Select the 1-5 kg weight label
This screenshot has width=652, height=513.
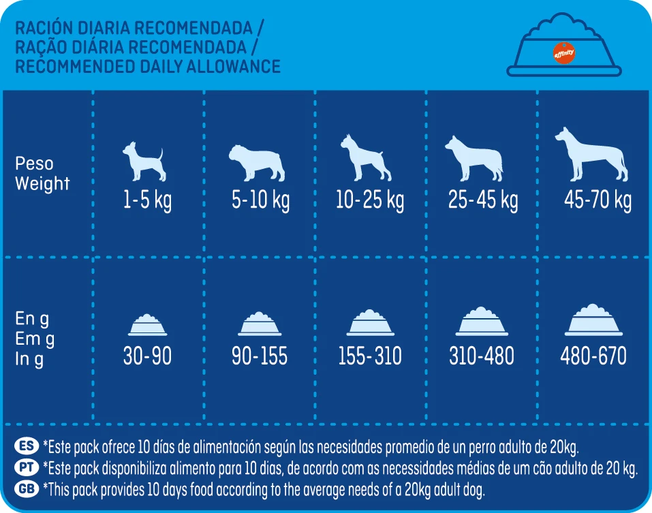point(148,201)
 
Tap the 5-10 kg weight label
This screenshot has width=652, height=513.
point(260,201)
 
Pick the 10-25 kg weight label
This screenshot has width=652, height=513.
point(370,201)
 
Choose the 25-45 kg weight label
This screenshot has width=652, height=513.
point(483,201)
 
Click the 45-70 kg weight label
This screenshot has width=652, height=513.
point(597,201)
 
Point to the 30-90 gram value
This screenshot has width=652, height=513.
point(147,356)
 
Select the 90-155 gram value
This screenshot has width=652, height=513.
point(260,356)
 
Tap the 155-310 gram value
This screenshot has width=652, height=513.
point(370,356)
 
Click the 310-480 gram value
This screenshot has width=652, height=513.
point(482,356)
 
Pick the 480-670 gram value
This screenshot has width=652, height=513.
point(593,356)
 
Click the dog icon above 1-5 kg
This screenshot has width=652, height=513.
point(144,161)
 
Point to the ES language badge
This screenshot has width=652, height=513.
point(27,447)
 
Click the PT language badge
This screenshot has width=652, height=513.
point(27,467)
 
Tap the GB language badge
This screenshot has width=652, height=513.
point(27,488)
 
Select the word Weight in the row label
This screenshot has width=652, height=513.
point(42,183)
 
